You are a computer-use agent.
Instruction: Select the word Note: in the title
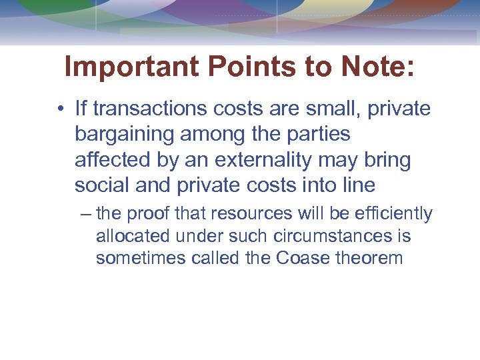[x=377, y=67]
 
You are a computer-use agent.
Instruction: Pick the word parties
[x=323, y=135]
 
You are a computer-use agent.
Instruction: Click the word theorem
[x=370, y=258]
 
